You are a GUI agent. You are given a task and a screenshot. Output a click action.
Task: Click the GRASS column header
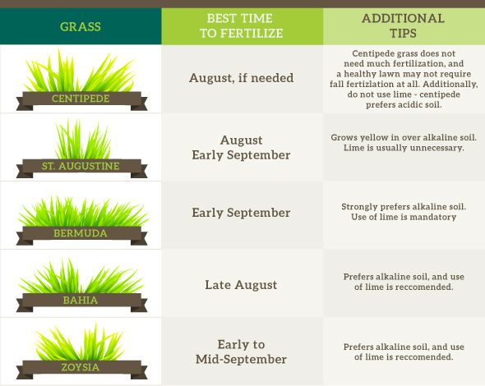coord(81,26)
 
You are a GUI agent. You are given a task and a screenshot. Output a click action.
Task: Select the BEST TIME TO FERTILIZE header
coord(241,26)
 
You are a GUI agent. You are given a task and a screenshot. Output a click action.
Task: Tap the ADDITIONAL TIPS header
coord(403,25)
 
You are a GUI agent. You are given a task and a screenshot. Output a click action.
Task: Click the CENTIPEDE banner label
coord(80,99)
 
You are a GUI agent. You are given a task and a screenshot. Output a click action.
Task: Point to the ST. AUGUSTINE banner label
coord(80,166)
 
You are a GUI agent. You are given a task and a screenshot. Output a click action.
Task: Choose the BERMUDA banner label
coord(80,233)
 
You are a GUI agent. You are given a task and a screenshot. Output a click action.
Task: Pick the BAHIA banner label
coord(80,300)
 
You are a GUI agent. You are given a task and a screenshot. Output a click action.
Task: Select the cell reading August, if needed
coord(241,79)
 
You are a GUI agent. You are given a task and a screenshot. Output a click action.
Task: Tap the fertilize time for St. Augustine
coord(241,147)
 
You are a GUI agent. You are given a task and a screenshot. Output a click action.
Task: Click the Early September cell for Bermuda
coord(241,213)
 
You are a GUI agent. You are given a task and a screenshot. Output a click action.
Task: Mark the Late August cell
coord(241,285)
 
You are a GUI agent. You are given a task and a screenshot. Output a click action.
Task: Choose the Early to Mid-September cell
coord(241,352)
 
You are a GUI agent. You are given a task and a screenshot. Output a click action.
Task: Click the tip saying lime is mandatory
coord(403,212)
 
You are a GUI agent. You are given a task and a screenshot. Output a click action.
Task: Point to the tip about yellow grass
coord(403,143)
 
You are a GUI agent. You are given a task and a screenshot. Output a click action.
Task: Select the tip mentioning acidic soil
coord(403,79)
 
